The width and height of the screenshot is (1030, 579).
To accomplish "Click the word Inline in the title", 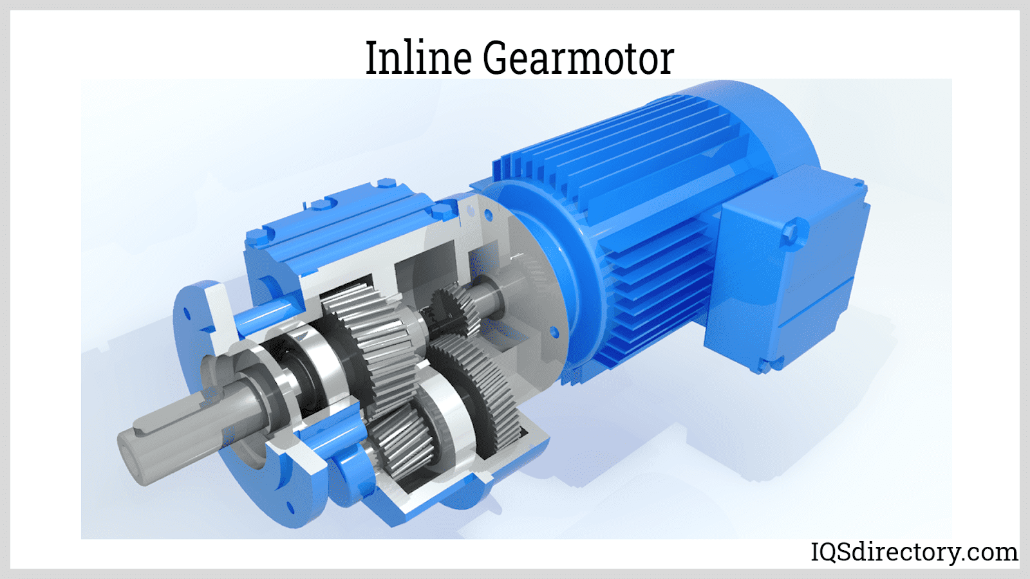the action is point(418,58).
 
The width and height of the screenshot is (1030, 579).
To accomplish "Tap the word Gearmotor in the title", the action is point(578,58).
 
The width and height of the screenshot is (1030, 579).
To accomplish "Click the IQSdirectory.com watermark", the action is point(914,552).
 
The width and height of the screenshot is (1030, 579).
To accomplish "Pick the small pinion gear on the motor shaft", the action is point(455,310).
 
